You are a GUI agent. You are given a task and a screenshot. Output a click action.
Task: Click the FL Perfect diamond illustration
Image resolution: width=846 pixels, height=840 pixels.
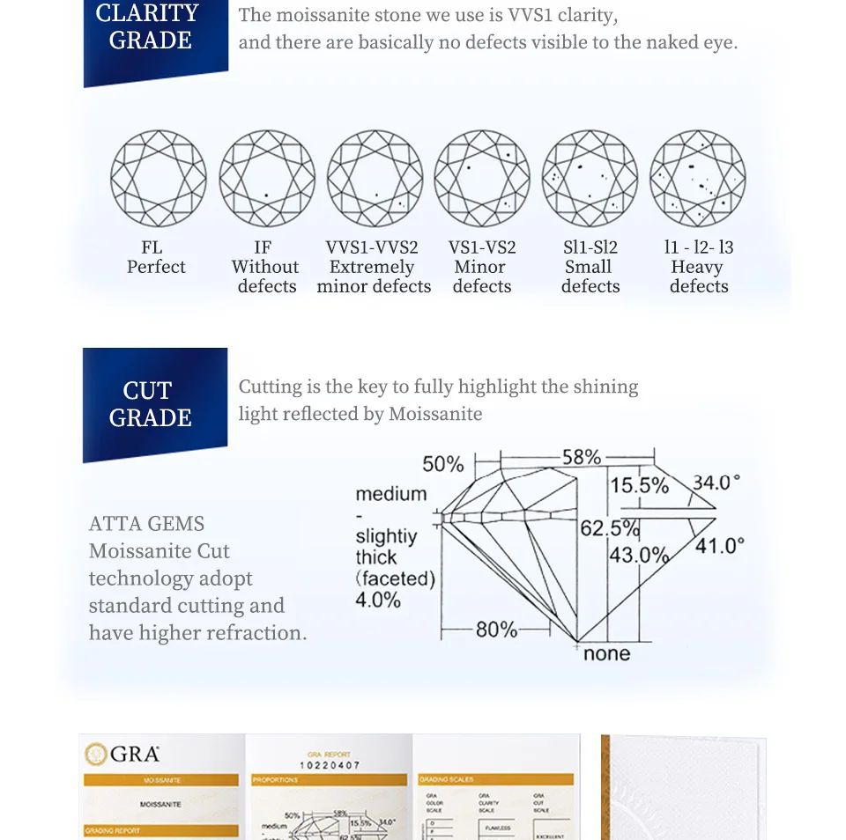(159, 179)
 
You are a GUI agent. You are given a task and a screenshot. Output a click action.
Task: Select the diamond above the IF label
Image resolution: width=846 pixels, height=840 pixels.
(267, 179)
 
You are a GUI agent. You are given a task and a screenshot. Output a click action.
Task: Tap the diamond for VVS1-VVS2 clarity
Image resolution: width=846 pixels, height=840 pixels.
(375, 179)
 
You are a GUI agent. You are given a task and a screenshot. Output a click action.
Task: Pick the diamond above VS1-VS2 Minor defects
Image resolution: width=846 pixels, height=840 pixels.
(482, 179)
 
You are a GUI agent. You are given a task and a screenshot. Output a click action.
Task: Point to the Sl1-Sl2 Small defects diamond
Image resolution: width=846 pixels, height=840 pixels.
(590, 179)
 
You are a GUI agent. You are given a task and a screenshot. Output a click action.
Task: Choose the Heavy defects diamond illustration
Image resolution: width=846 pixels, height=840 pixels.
(698, 179)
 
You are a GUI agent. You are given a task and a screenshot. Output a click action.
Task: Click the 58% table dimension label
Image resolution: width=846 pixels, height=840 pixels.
(582, 457)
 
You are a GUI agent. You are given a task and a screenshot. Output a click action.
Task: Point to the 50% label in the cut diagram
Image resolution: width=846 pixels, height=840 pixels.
(442, 464)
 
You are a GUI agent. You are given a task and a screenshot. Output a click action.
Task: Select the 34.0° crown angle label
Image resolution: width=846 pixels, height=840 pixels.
(716, 483)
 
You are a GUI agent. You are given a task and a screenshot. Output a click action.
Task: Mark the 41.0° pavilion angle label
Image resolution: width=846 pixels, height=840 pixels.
(719, 546)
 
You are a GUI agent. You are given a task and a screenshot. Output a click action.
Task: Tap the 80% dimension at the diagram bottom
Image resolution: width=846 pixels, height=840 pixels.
(496, 630)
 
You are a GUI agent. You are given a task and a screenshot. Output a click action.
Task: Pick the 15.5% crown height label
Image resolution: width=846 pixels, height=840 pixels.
(640, 485)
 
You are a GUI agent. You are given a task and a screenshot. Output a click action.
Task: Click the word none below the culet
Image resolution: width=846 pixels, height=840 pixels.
(606, 653)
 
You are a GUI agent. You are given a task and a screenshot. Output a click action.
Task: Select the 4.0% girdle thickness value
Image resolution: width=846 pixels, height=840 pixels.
(378, 601)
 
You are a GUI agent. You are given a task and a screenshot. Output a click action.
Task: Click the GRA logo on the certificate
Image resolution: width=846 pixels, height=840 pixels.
(122, 754)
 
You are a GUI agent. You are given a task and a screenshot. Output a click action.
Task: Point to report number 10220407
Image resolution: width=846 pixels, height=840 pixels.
(330, 765)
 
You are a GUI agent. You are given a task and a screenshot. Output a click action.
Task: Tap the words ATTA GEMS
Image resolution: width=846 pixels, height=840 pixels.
(146, 524)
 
